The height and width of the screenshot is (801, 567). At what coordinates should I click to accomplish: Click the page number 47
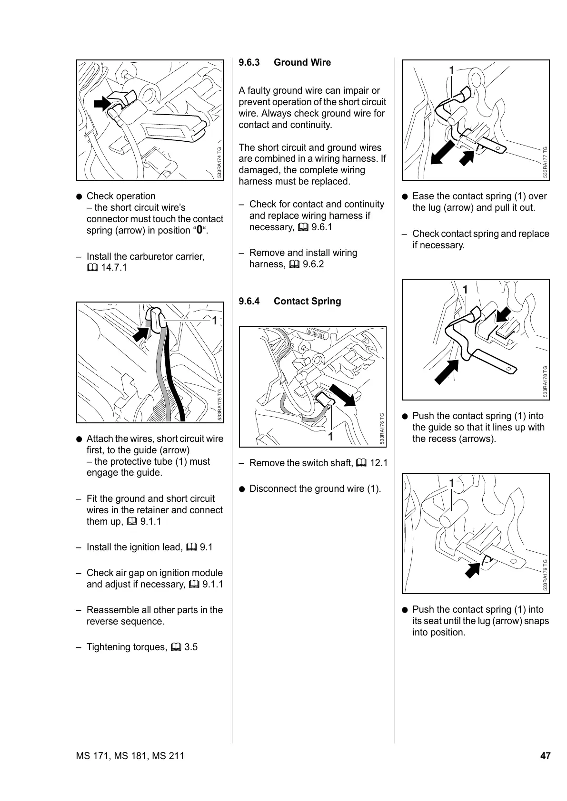click(545, 756)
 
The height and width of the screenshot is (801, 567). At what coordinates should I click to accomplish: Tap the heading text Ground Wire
click(302, 63)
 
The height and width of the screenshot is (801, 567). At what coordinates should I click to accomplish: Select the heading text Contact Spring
click(307, 302)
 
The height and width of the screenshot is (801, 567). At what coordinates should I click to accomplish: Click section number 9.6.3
click(249, 63)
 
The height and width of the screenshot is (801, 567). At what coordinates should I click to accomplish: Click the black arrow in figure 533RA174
click(101, 102)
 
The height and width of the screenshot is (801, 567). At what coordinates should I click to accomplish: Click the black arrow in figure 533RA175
click(140, 333)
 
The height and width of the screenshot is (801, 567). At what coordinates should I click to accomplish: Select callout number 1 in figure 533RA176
click(330, 436)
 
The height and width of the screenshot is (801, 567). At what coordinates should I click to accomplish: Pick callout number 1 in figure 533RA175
click(215, 321)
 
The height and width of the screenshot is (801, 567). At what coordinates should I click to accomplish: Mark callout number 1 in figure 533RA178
click(465, 290)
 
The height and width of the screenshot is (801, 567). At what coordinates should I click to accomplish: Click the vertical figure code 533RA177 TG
click(546, 162)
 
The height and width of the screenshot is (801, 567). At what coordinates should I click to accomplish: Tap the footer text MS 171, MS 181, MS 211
click(130, 756)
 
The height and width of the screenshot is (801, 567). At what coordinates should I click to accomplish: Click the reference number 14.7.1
click(114, 268)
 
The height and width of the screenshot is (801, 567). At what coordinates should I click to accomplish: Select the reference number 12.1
click(379, 463)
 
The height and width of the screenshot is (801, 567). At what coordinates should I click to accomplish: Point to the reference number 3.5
click(191, 647)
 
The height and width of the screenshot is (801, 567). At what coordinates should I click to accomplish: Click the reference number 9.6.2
click(313, 264)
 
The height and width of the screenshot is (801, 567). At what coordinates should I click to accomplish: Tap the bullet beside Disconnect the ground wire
click(242, 489)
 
